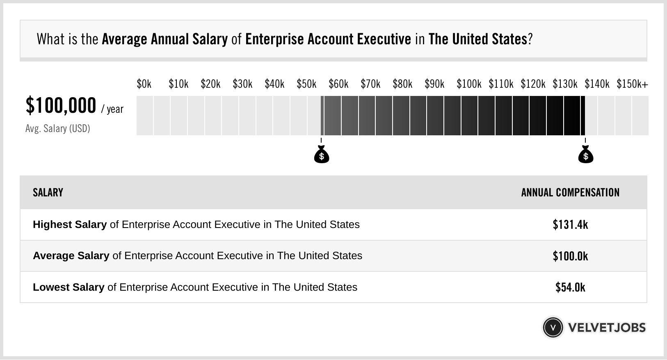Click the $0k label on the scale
[x=144, y=84]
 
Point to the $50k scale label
[x=306, y=84]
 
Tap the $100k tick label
[x=469, y=84]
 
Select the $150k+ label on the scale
[x=632, y=84]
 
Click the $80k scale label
[x=402, y=84]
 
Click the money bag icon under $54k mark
[x=322, y=155]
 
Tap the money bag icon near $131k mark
[x=585, y=155]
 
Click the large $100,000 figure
[x=61, y=105]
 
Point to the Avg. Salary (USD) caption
[x=57, y=129]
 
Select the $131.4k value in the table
[x=570, y=225]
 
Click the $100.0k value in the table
[x=570, y=256]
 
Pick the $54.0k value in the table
[x=570, y=287]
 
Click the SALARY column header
[x=48, y=193]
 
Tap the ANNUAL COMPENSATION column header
[x=570, y=193]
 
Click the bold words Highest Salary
[x=70, y=225]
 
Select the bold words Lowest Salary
[x=69, y=287]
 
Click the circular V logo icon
[x=553, y=328]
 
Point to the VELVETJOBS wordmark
[x=607, y=328]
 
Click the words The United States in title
[x=477, y=39]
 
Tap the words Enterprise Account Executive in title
[x=328, y=39]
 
